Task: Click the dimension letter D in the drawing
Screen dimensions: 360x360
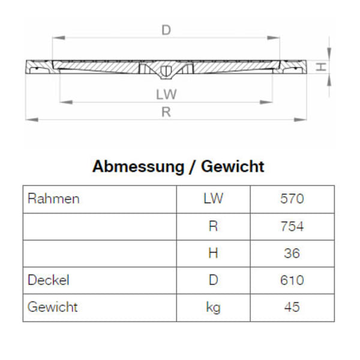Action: click(x=166, y=28)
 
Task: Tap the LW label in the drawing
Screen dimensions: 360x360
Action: click(x=166, y=94)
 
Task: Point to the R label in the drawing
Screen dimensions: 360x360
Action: click(x=166, y=112)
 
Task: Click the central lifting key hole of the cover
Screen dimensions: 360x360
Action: click(x=166, y=71)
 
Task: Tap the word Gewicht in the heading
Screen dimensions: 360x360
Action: click(x=233, y=166)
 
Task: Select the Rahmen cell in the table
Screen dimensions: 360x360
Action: click(x=53, y=199)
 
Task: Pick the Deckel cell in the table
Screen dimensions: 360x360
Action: click(x=49, y=280)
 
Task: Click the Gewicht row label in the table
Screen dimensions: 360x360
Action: click(x=53, y=307)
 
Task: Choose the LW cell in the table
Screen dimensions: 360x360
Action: click(x=213, y=199)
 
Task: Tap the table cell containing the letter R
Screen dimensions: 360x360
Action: click(x=213, y=226)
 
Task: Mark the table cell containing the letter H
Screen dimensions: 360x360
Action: click(x=213, y=253)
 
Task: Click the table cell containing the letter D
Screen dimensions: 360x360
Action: click(x=213, y=280)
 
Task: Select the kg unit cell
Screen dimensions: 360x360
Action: click(x=213, y=308)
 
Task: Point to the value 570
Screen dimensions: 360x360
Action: click(x=292, y=199)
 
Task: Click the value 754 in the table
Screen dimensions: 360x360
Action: click(x=292, y=226)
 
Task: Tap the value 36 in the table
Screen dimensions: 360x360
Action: click(x=292, y=253)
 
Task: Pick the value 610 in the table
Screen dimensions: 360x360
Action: click(x=292, y=280)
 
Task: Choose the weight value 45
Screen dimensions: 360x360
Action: click(x=292, y=307)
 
